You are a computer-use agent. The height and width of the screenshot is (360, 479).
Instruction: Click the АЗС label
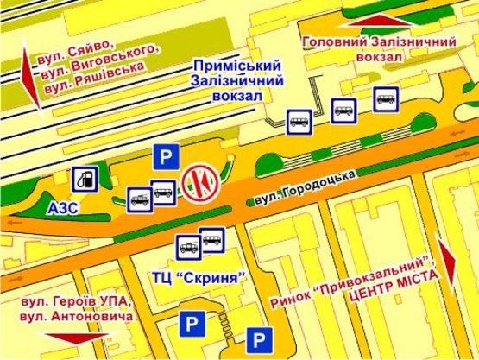(x=62, y=208)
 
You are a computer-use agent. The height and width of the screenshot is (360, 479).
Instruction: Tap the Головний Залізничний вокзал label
(x=377, y=48)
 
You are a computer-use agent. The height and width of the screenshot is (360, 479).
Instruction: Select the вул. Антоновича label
(x=83, y=318)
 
